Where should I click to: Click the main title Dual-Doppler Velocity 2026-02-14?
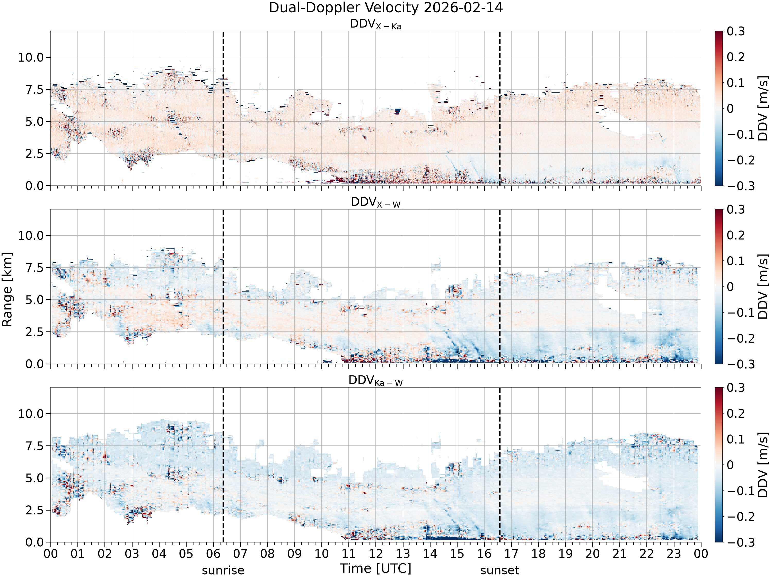386,8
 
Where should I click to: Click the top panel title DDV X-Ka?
375,24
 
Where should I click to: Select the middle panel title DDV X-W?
375,203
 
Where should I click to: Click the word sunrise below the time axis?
223,571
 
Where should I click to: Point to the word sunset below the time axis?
500,571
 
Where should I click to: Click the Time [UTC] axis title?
375,568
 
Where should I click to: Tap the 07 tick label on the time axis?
240,554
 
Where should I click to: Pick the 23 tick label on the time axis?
674,554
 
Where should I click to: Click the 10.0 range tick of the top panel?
31,57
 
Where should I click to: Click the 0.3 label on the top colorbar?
736,31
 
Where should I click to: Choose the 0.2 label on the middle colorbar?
736,235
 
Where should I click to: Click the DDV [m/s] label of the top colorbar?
763,108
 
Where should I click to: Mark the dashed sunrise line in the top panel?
223,108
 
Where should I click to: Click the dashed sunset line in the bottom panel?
500,465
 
